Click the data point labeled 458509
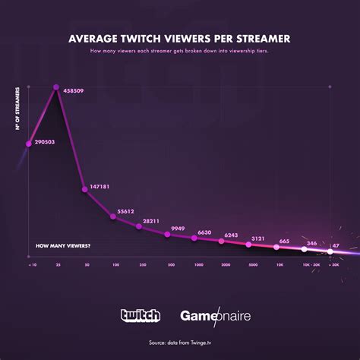[x=55, y=87]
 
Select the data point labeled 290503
[x=29, y=142]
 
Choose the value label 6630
[x=205, y=232]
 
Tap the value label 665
[x=284, y=241]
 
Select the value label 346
[x=311, y=243]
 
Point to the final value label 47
[x=336, y=245]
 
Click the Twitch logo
[x=141, y=315]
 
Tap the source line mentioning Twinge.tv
[x=179, y=343]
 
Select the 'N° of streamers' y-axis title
[x=16, y=115]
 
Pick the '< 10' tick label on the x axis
[x=31, y=266]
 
